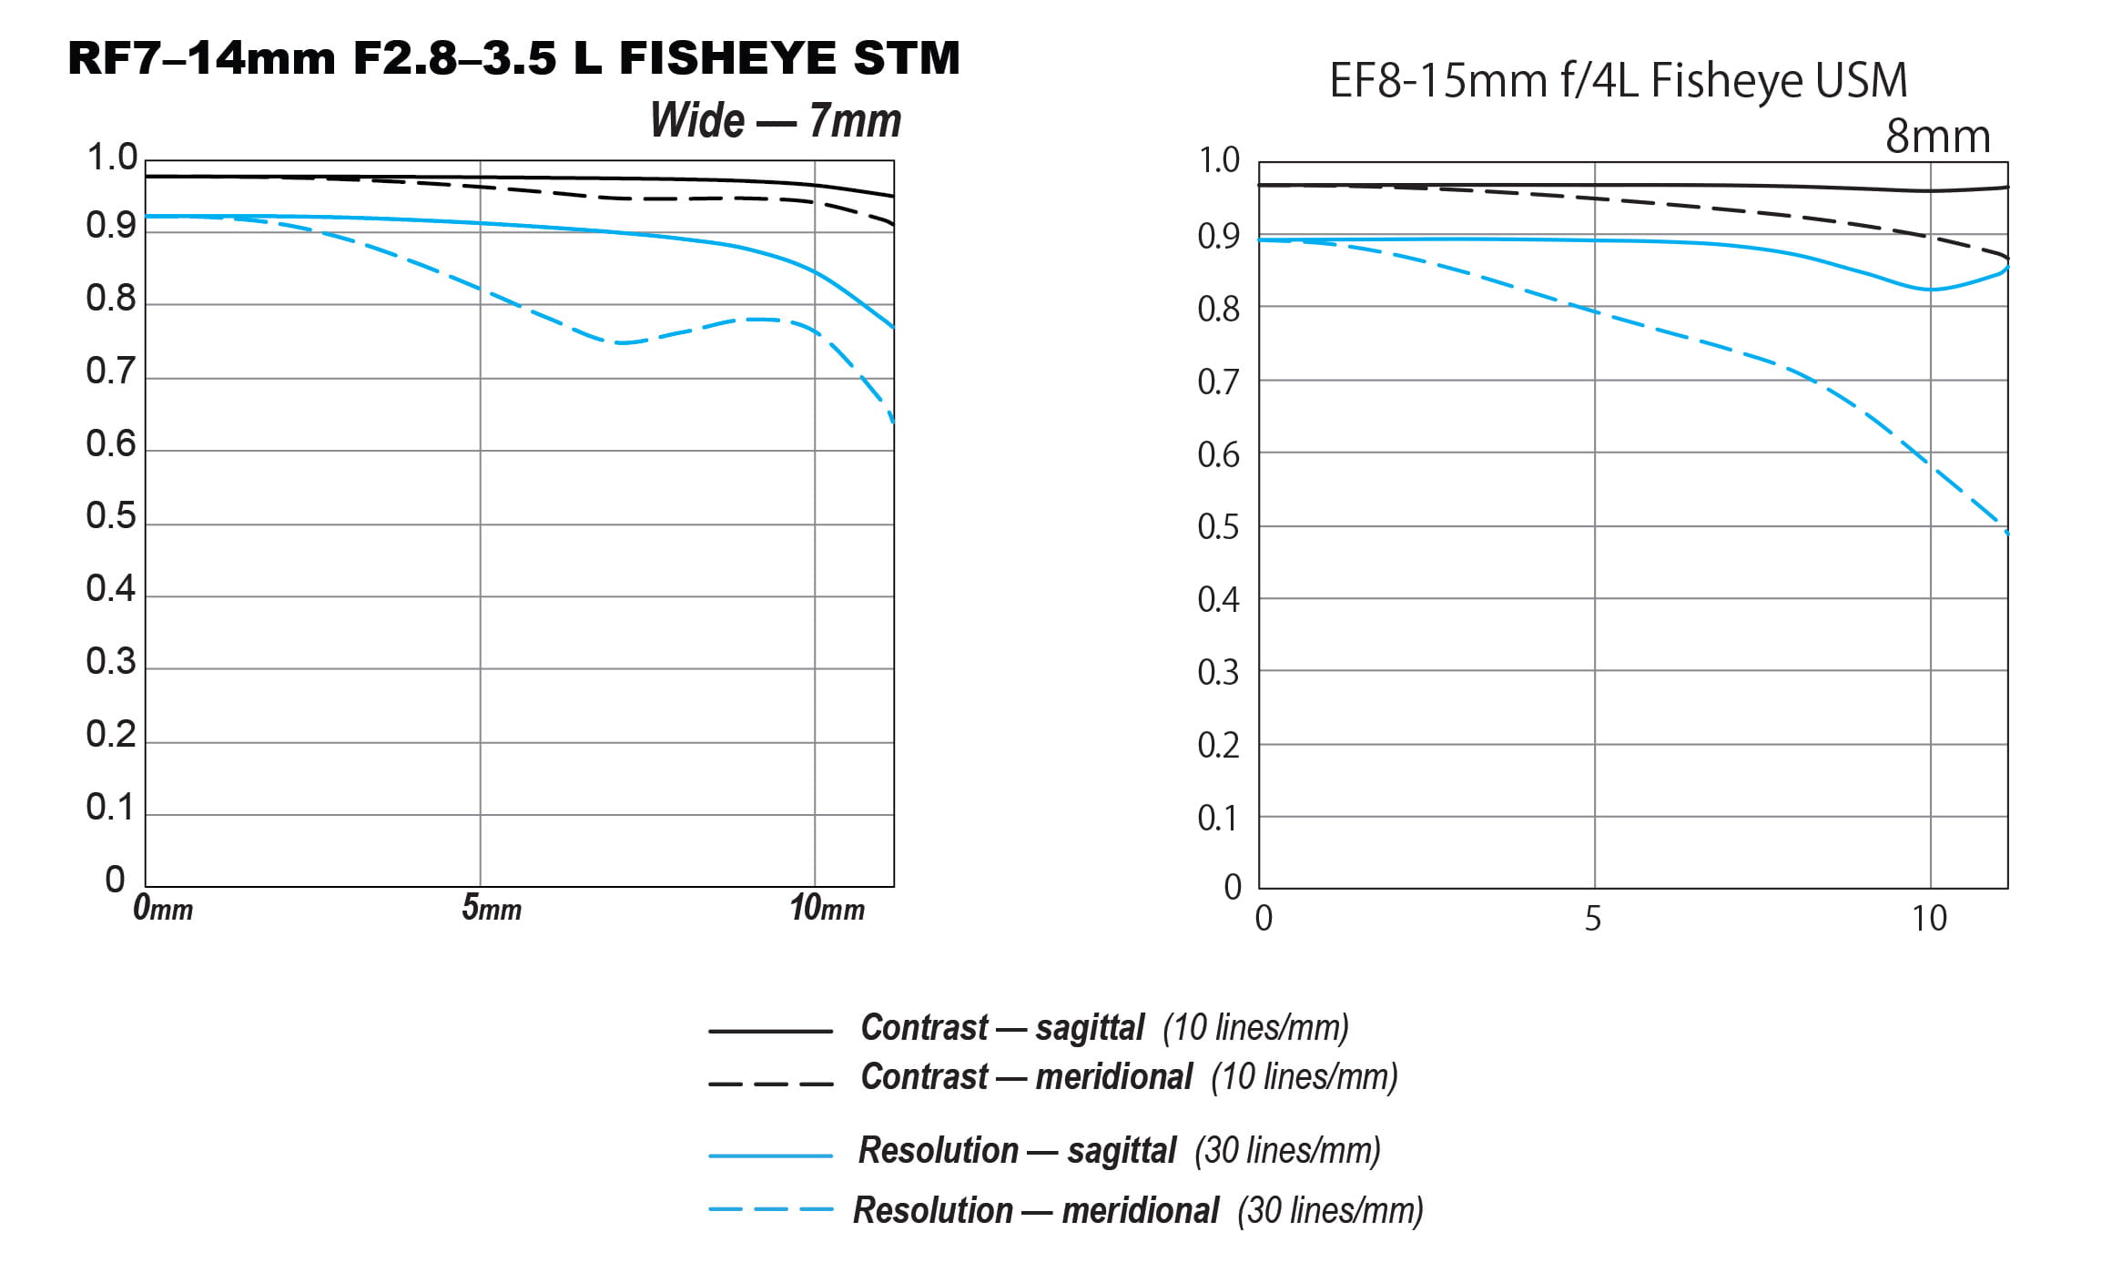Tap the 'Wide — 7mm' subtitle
tap(775, 120)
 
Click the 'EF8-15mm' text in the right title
tap(1437, 80)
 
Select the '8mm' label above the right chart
tap(1937, 137)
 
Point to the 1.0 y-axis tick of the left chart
tap(111, 158)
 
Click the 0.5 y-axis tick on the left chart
tap(111, 516)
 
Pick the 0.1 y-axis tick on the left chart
tap(111, 808)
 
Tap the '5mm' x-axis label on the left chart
tap(491, 908)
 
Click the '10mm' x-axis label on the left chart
tap(827, 908)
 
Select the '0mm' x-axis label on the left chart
tap(163, 908)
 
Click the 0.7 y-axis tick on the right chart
tap(1218, 382)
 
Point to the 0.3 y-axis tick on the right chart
tap(1218, 673)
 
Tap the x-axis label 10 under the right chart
tap(1928, 919)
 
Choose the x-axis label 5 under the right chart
tap(1592, 919)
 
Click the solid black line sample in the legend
tap(770, 1031)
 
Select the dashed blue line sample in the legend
tap(770, 1210)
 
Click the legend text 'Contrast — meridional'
tap(1026, 1077)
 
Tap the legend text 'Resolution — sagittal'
tap(1017, 1151)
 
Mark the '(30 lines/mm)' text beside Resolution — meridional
tap(1330, 1211)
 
